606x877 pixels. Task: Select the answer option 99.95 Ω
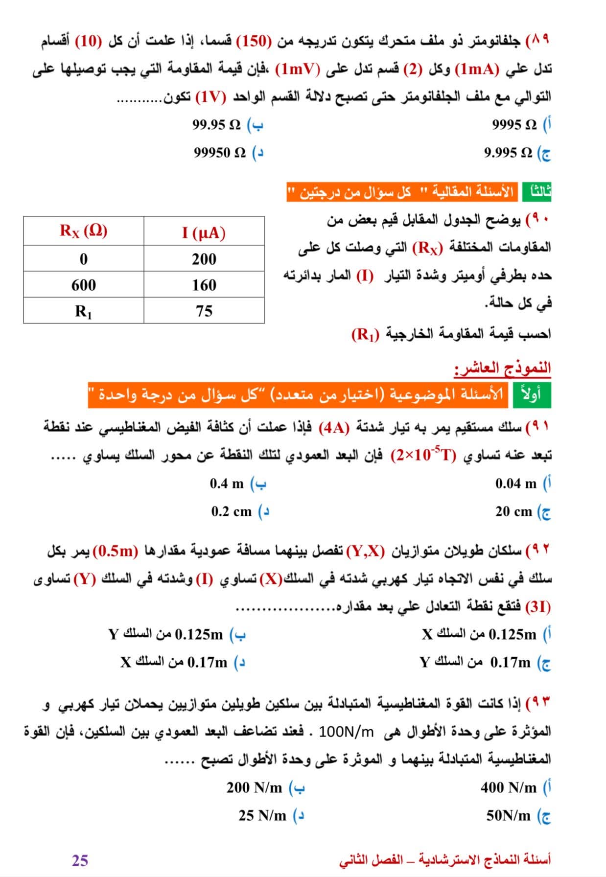tap(216, 125)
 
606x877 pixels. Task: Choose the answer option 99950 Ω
tap(220, 153)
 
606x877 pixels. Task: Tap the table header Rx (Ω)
tap(84, 231)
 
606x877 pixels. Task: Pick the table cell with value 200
tap(204, 259)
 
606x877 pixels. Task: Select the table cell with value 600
tap(84, 285)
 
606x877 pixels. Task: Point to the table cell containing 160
tap(204, 285)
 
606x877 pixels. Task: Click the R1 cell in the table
tap(84, 311)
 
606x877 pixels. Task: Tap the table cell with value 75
tap(204, 311)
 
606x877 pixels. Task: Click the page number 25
tap(80, 860)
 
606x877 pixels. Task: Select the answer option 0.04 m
tap(516, 484)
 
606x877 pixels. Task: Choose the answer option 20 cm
tap(513, 511)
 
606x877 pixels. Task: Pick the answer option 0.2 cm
tap(232, 511)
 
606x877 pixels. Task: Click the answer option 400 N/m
tap(509, 787)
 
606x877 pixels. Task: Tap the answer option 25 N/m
tap(262, 815)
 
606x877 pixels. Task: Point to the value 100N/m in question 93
tap(346, 732)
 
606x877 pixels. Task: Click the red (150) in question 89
tap(254, 41)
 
